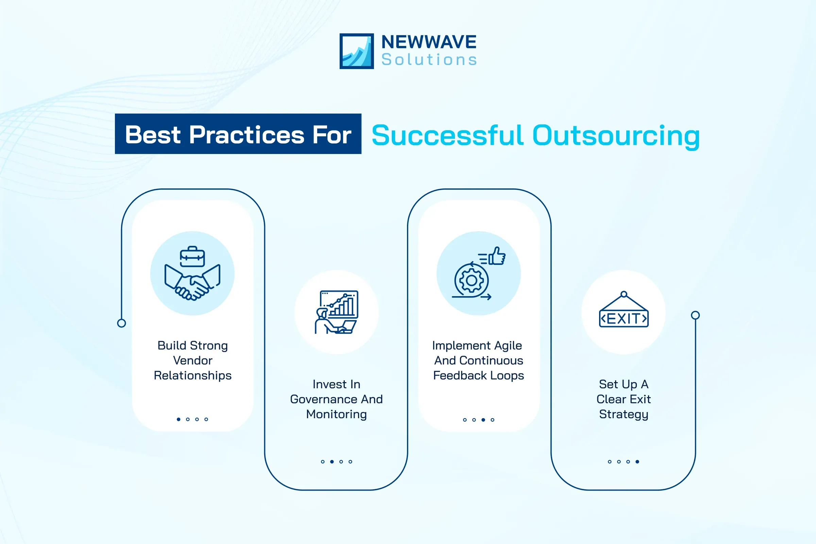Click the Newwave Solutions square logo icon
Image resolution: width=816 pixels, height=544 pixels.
coord(356,51)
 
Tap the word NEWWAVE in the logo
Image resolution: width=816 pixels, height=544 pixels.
coord(429,42)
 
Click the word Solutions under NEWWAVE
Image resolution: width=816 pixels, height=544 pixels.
coord(429,60)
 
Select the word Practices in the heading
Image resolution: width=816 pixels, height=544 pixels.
coord(246,135)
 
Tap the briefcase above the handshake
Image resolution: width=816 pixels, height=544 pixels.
coord(192,257)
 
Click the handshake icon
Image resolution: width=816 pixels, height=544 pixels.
coord(192,283)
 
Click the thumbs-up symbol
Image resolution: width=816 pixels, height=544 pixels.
coord(497,256)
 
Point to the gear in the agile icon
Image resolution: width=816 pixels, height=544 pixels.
coord(471,280)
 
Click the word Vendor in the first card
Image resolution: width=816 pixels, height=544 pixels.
coord(192,360)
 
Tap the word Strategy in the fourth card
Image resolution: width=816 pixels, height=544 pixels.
coord(624,414)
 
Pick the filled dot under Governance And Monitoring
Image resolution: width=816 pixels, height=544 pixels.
coord(332,462)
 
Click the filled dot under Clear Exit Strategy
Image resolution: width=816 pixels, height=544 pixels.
coord(637,462)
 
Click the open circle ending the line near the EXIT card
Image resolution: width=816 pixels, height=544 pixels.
coord(695,315)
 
